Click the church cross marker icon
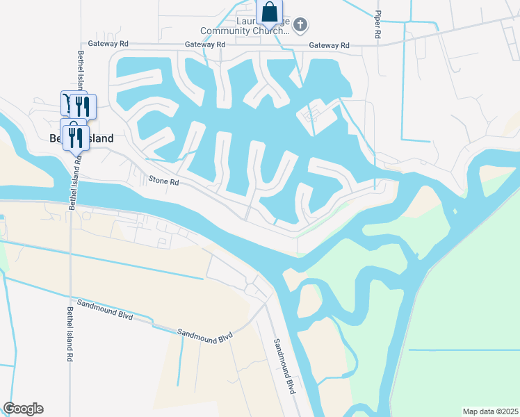tap(300, 26)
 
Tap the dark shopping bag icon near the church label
tap(270, 13)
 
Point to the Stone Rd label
tap(164, 181)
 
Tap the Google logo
tap(23, 409)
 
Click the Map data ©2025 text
tap(489, 411)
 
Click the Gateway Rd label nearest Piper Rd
tap(329, 45)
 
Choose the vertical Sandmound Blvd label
tap(285, 366)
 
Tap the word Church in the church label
tap(270, 31)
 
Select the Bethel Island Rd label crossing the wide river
tap(74, 180)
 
